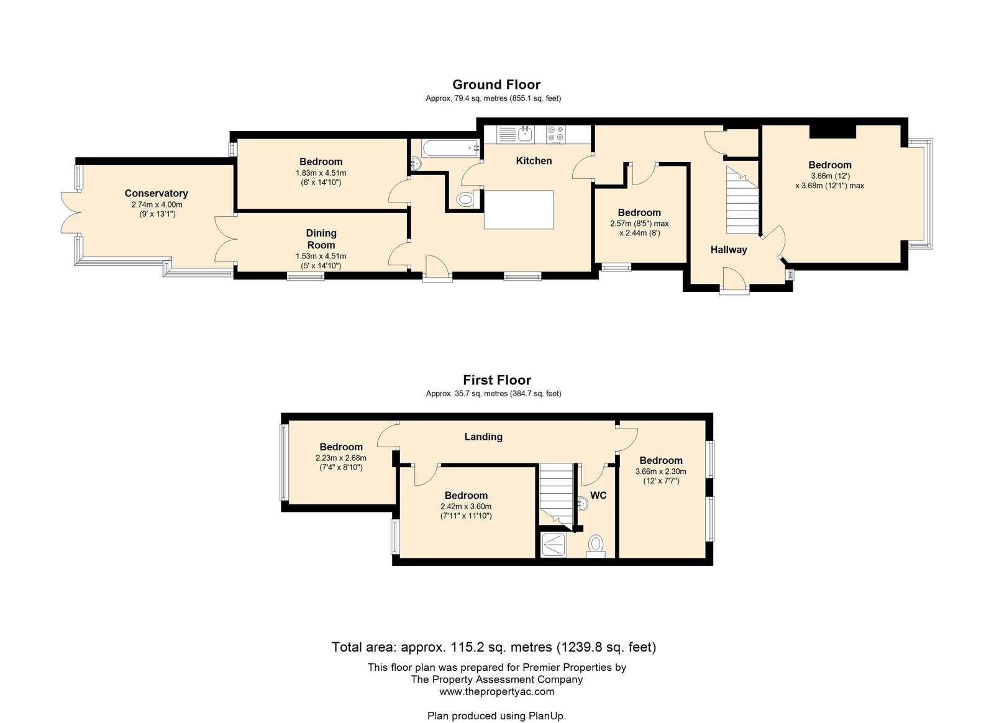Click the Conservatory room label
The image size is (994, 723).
(156, 193)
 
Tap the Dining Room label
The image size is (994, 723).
(321, 239)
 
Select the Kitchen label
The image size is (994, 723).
(534, 161)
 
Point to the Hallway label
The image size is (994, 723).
(729, 250)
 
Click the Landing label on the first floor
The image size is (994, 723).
(483, 437)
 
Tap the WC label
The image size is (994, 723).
(598, 496)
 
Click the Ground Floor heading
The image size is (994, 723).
(496, 84)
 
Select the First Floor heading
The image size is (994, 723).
(497, 380)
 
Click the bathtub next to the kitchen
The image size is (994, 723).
(450, 148)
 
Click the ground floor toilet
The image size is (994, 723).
(467, 199)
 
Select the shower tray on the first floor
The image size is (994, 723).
(554, 545)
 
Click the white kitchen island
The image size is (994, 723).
(518, 210)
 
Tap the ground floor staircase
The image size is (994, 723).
(742, 200)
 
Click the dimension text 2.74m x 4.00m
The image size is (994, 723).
(157, 205)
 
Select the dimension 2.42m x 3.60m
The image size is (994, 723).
(466, 507)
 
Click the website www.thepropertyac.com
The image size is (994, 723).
(497, 691)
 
